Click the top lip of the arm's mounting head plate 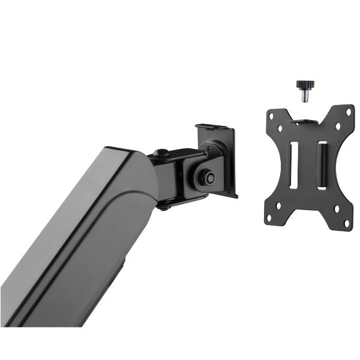pyautogui.click(x=213, y=127)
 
